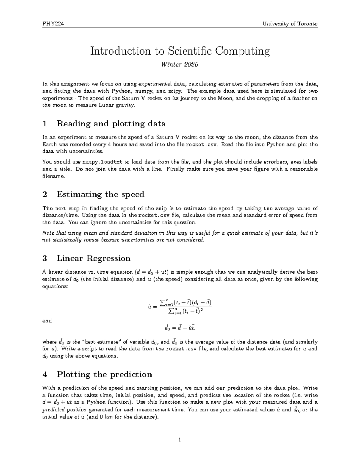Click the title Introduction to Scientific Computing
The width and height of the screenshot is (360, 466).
pyautogui.click(x=180, y=51)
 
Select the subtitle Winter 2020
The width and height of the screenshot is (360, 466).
pyautogui.click(x=180, y=65)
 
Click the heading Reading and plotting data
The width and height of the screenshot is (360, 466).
pyautogui.click(x=111, y=123)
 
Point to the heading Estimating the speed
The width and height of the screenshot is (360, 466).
pyautogui.click(x=100, y=194)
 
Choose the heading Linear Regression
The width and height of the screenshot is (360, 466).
pyautogui.click(x=94, y=258)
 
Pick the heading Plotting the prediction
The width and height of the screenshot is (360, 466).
pyautogui.click(x=104, y=374)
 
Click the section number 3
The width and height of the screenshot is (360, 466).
pyautogui.click(x=45, y=258)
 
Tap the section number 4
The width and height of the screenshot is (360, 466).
pyautogui.click(x=45, y=374)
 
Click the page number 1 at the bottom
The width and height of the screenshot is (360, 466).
pyautogui.click(x=180, y=440)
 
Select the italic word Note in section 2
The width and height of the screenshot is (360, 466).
pyautogui.click(x=47, y=233)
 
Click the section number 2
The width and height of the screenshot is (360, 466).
pyautogui.click(x=45, y=194)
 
